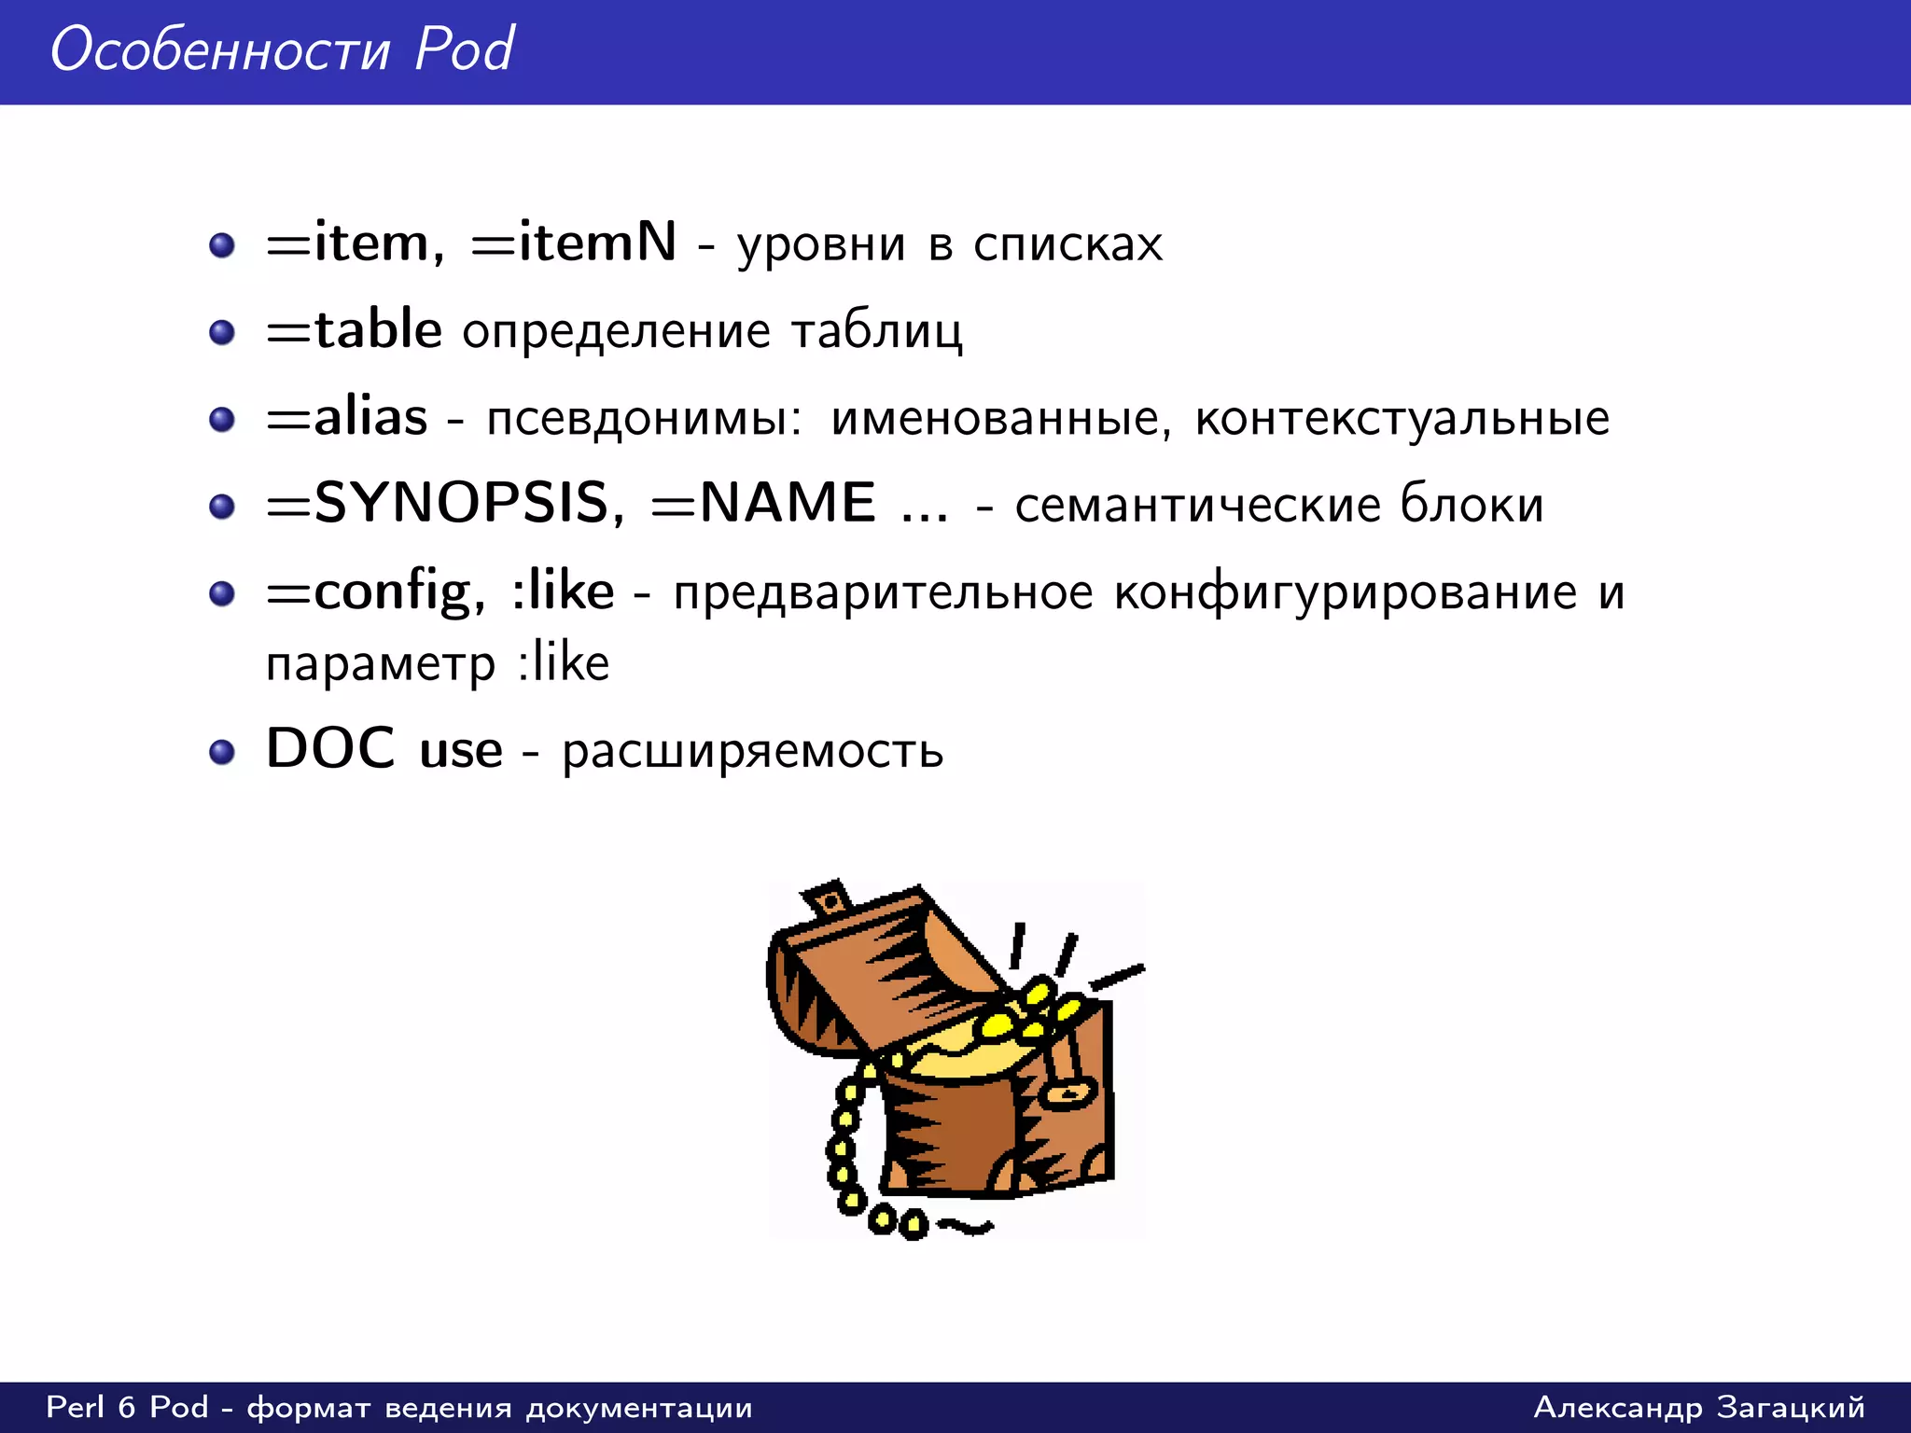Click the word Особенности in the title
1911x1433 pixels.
click(x=220, y=50)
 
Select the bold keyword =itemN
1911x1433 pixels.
click(x=573, y=243)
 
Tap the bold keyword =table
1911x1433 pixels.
click(x=354, y=330)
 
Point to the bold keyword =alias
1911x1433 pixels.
click(x=347, y=417)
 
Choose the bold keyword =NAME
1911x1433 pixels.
click(x=764, y=504)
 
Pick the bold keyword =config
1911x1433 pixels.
click(x=375, y=591)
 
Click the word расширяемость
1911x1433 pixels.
click(x=752, y=752)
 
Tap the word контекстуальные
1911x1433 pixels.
click(x=1402, y=418)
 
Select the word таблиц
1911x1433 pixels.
click(x=876, y=331)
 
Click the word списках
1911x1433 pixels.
click(x=1067, y=244)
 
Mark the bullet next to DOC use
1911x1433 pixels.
click(x=222, y=752)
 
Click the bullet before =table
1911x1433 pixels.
click(x=222, y=332)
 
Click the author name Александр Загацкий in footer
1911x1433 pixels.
click(x=1698, y=1407)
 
